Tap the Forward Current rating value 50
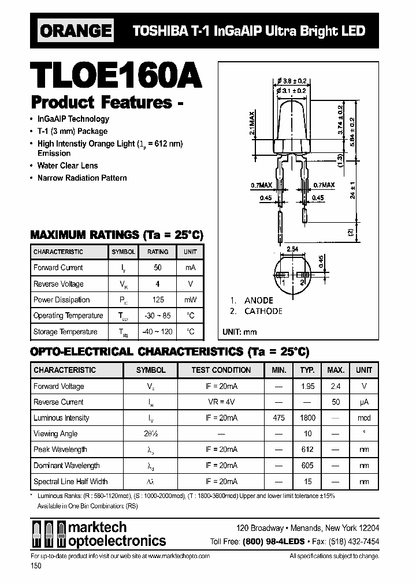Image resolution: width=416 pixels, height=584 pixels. click(158, 268)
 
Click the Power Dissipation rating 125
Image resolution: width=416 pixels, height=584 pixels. click(158, 300)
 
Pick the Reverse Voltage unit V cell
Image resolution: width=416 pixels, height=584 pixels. click(190, 284)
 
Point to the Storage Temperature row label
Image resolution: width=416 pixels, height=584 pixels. click(65, 332)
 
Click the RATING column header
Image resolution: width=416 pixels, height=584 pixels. click(158, 252)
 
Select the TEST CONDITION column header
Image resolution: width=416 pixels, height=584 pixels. click(221, 370)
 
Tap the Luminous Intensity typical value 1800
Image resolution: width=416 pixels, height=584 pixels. click(307, 418)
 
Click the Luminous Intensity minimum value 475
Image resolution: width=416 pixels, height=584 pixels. click(278, 418)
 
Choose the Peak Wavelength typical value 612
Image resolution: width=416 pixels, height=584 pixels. click(307, 450)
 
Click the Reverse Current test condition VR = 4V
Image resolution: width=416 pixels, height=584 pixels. click(221, 402)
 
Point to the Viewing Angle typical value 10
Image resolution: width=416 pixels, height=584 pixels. click(307, 434)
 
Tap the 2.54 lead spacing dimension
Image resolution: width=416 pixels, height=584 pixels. click(293, 249)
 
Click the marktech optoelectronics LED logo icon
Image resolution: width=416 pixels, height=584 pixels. click(48, 534)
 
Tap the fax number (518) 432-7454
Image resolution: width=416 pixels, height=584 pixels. click(354, 541)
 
